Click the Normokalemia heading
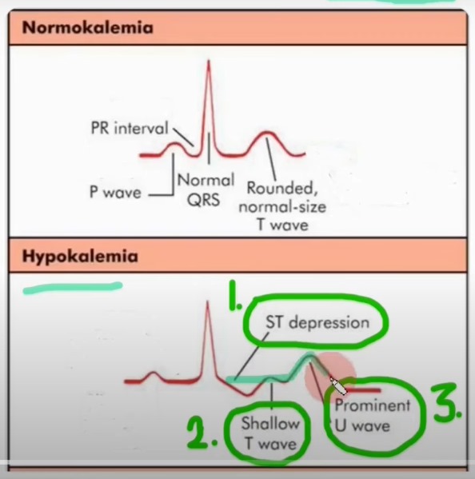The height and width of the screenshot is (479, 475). point(88,28)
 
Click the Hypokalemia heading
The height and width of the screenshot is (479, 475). point(80,257)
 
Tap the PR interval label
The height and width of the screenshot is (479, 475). point(130,128)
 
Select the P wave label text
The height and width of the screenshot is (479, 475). point(115,193)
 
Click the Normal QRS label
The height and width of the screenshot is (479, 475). point(206,190)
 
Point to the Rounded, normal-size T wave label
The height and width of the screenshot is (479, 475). point(282,206)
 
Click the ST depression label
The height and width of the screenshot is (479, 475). point(317,322)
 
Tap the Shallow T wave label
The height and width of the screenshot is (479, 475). point(270,433)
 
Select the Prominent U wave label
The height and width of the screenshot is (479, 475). point(372,416)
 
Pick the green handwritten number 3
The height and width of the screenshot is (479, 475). point(446,402)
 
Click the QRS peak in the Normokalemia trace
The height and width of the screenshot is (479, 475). point(209,61)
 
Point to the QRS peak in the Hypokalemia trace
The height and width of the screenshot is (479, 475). point(208,302)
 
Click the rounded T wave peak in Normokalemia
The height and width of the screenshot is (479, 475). point(266,133)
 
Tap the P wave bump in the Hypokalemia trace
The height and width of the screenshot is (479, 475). point(154,373)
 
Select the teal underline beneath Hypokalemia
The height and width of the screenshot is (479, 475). point(73,288)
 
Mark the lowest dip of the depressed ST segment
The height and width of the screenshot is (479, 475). point(249,395)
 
